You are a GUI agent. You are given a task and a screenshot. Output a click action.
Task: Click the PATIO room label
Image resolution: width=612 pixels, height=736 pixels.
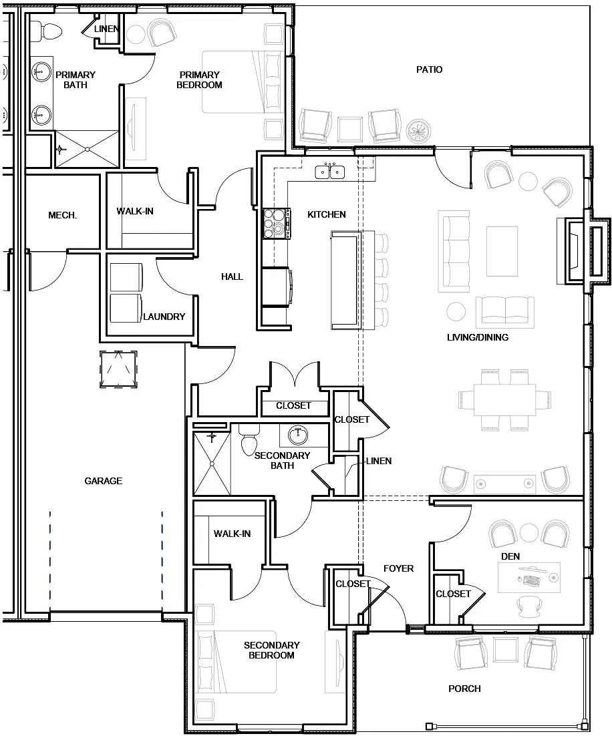click(429, 69)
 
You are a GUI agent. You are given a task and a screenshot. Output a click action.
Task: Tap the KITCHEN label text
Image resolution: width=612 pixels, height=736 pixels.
click(327, 214)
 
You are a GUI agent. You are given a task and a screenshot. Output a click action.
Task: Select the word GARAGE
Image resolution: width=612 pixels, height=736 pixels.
click(104, 481)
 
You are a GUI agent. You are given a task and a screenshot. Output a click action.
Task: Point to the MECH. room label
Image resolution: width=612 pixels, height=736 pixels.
click(63, 215)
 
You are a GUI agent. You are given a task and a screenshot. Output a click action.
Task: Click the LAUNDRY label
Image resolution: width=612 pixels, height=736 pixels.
click(164, 317)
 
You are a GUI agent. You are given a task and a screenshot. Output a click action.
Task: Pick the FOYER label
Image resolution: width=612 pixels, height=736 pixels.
click(398, 568)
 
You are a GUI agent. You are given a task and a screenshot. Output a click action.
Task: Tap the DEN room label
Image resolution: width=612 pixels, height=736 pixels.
click(510, 556)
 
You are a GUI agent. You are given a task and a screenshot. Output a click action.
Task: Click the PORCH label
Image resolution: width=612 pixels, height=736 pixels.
click(465, 689)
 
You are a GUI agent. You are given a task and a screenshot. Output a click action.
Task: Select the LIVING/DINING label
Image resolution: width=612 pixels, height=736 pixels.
click(478, 337)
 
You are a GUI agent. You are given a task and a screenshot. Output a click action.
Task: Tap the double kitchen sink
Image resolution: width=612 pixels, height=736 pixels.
click(330, 172)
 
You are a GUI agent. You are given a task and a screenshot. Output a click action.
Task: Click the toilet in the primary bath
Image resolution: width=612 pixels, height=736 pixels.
click(48, 30)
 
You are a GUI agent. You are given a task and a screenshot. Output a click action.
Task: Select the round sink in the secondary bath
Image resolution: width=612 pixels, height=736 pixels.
click(298, 435)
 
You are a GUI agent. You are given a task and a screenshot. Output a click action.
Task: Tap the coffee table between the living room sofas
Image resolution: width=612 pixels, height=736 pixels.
click(502, 251)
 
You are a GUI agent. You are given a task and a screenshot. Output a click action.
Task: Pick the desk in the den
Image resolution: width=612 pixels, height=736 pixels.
click(529, 577)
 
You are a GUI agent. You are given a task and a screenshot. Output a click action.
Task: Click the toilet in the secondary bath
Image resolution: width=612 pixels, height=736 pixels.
click(249, 441)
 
